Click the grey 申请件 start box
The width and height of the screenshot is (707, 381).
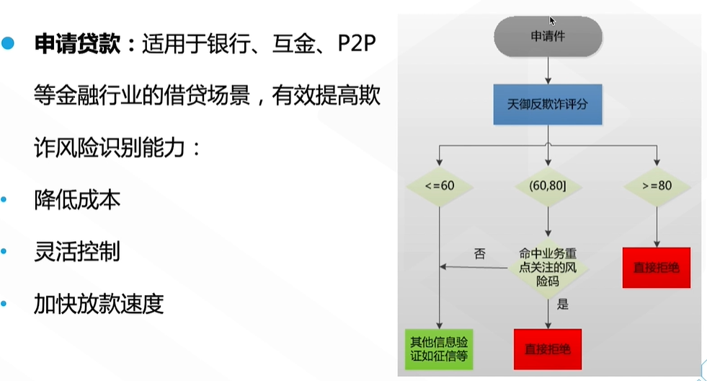[548, 36]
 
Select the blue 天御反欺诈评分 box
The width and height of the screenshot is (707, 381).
[548, 105]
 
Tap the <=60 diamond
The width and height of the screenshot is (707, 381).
[440, 186]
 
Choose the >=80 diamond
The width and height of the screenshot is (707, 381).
[657, 186]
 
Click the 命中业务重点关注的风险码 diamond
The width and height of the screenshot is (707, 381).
[548, 268]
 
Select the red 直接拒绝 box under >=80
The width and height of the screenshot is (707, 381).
[657, 268]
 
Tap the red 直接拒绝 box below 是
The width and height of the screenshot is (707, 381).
[548, 349]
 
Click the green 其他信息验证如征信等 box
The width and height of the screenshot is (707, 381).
[439, 349]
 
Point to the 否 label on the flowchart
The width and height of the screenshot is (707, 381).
[480, 254]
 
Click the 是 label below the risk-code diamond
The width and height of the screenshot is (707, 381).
[563, 305]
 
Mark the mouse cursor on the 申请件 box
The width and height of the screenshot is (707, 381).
[552, 21]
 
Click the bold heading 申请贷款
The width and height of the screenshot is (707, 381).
[78, 44]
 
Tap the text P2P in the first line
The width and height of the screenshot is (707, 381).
[357, 44]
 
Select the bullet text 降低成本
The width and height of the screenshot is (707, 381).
[77, 200]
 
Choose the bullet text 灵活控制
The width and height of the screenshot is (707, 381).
[77, 251]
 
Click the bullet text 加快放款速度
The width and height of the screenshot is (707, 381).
[99, 304]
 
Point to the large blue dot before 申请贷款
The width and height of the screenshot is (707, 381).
[8, 43]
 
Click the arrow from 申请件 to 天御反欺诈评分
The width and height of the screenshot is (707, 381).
[548, 71]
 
